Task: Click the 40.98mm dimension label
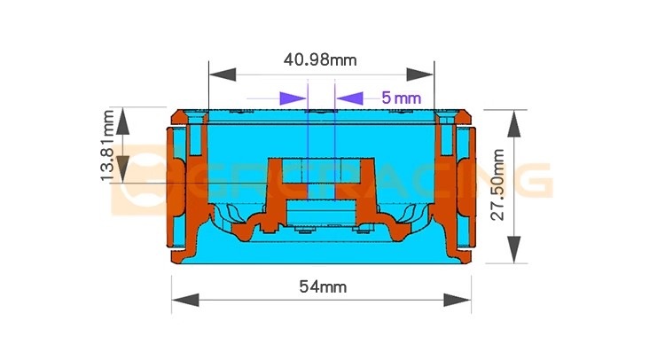(x=320, y=59)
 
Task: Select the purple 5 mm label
(x=401, y=98)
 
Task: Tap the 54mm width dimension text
(x=323, y=286)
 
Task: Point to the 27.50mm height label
(x=498, y=184)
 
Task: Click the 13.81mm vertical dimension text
(x=107, y=145)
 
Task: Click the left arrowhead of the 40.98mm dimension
(x=223, y=74)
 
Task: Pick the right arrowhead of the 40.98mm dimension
(x=420, y=74)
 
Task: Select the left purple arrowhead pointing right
(x=293, y=98)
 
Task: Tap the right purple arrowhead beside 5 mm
(x=350, y=98)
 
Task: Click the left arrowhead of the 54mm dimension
(x=185, y=300)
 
